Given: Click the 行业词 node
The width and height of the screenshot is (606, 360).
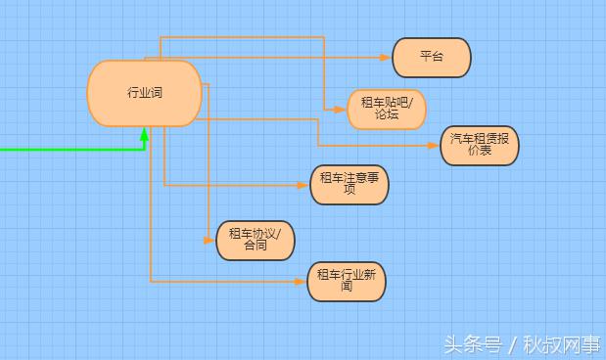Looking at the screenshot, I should (x=144, y=93).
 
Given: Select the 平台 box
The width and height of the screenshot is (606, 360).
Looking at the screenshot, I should (x=431, y=57).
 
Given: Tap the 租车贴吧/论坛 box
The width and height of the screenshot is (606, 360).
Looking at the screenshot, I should (x=387, y=109).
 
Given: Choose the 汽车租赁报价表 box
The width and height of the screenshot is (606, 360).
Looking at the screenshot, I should (x=479, y=145).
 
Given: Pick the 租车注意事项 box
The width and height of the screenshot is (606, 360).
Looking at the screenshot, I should (x=349, y=184).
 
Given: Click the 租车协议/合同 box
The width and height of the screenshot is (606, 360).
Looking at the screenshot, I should (x=255, y=240).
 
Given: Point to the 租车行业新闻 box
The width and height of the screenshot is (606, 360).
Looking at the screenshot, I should (x=346, y=282).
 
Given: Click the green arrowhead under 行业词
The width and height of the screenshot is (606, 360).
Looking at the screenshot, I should (x=144, y=134).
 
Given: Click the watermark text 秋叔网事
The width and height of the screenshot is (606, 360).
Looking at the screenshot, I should (x=566, y=345).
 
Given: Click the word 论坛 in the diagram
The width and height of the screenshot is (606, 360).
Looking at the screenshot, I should (x=387, y=115).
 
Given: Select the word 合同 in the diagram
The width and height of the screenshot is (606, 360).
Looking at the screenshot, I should (x=255, y=247).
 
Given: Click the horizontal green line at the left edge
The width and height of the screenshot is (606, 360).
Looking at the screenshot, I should (x=59, y=150).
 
